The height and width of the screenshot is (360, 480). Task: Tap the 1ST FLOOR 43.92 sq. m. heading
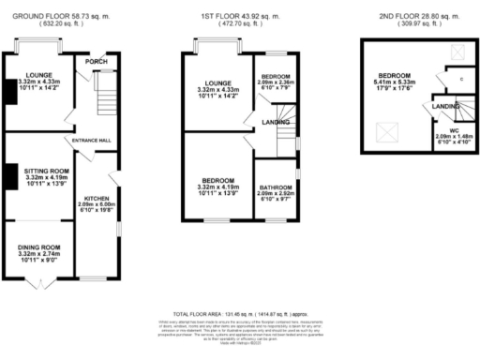[x=239, y=18]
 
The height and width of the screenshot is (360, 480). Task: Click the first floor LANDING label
[x=275, y=122]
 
